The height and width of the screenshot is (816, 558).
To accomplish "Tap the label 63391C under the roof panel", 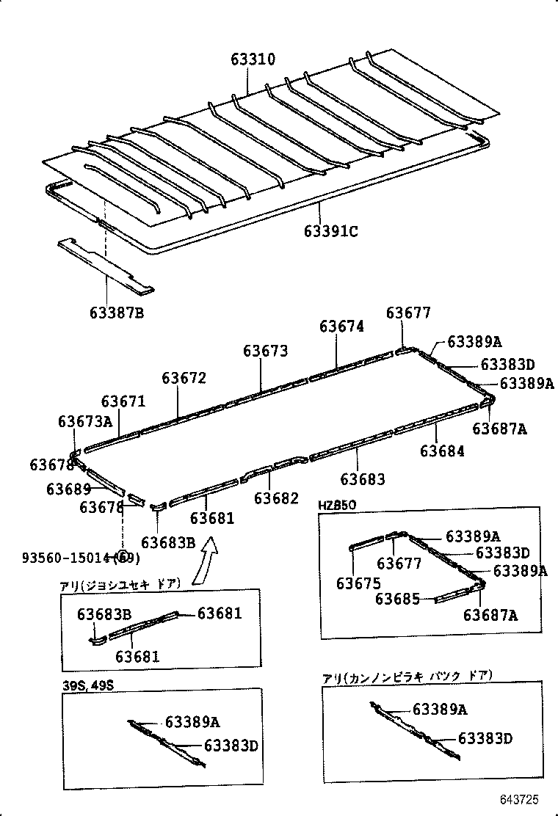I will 330,232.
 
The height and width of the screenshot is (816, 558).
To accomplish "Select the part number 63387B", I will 117,313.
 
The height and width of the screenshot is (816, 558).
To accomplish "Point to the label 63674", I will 341,327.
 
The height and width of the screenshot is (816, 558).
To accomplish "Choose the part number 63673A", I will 85,421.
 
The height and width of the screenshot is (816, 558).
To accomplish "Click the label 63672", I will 184,378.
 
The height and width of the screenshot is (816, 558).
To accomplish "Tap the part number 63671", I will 123,401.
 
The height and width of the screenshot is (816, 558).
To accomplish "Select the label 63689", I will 68,489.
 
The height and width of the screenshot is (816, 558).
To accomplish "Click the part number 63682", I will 277,498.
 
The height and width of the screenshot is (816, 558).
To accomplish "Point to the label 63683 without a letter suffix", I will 363,479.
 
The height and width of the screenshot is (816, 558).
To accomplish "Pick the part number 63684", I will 442,451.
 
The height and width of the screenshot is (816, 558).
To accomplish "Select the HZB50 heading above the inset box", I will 337,506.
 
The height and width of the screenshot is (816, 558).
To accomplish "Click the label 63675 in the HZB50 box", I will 358,583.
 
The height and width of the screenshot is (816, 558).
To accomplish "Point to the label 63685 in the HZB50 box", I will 397,599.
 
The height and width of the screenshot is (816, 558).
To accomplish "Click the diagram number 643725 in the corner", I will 521,798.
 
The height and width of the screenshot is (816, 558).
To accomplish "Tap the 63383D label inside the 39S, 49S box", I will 231,746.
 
